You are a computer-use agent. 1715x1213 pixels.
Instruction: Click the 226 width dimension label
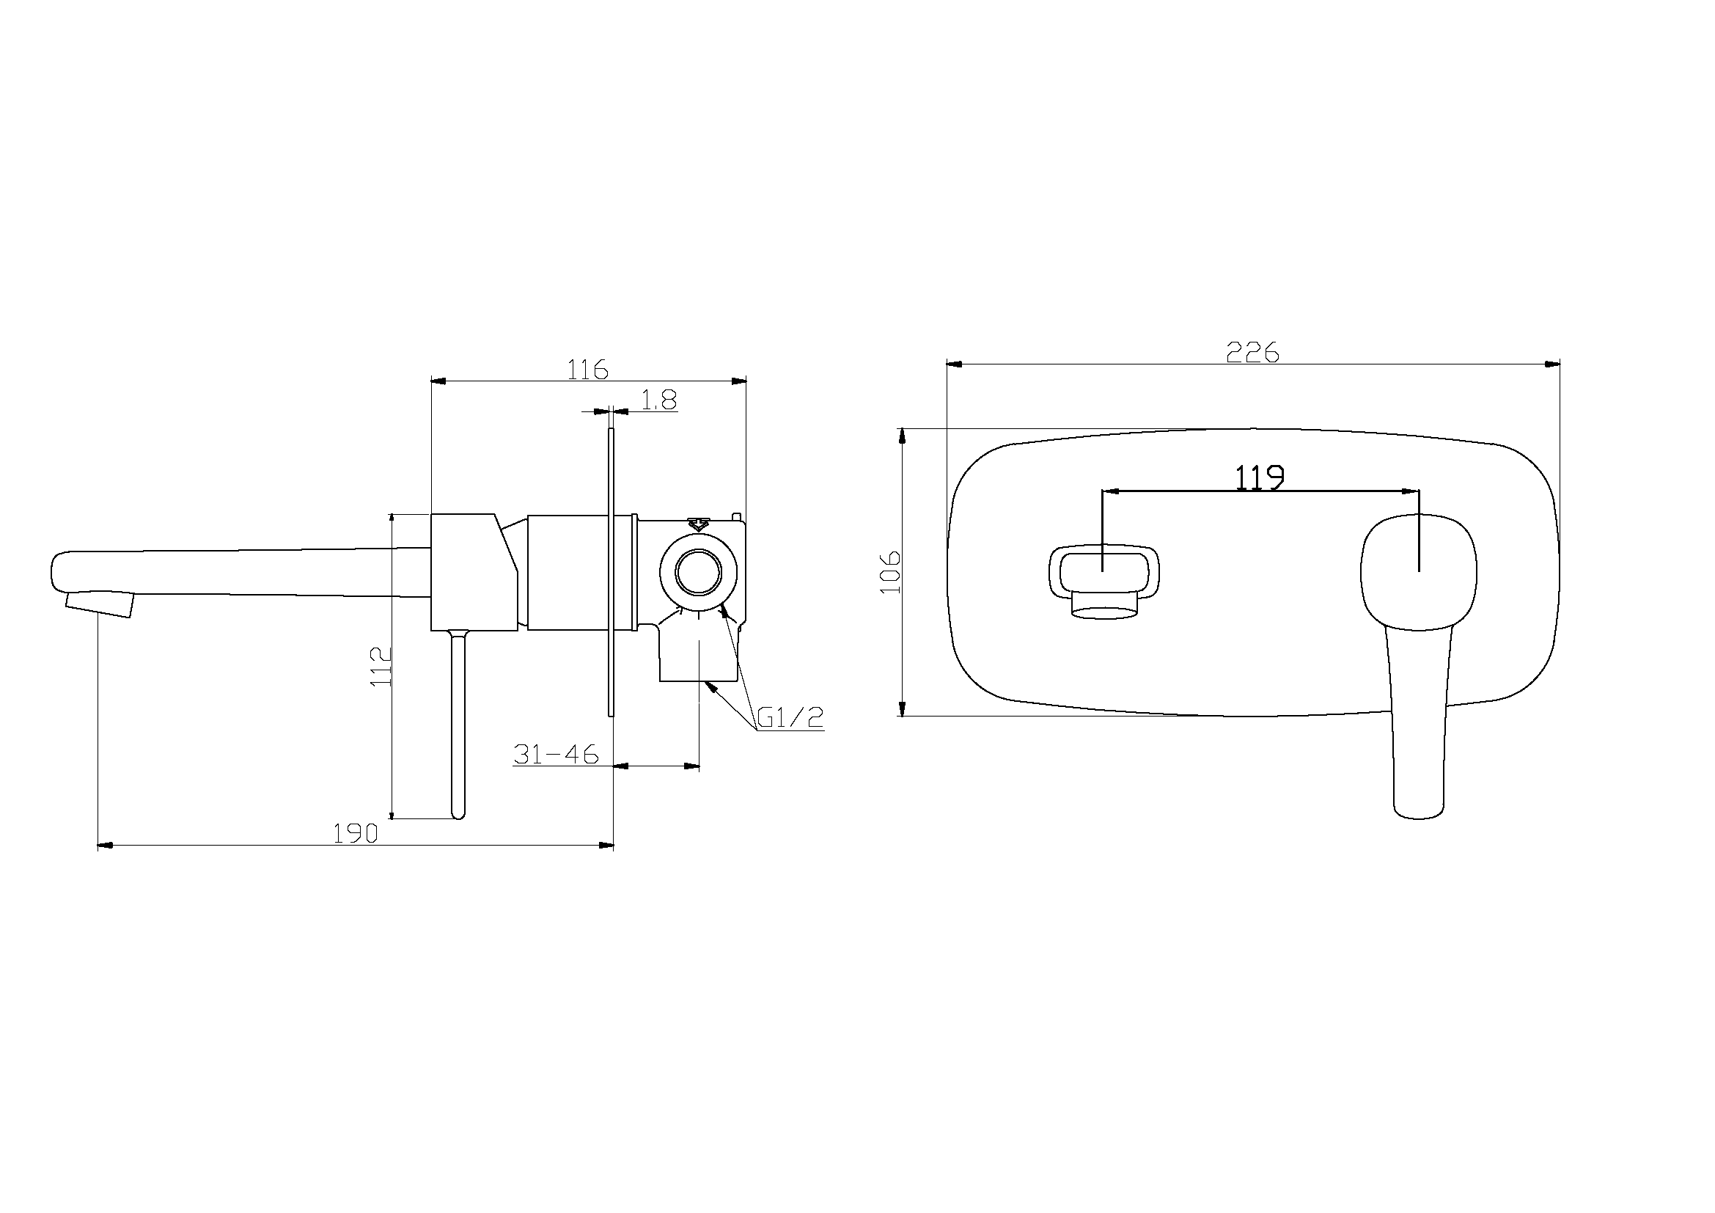[1252, 352]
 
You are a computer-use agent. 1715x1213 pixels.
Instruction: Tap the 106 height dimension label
[891, 572]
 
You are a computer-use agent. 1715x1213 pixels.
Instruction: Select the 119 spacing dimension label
[1260, 478]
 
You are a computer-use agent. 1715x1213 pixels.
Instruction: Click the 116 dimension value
[588, 370]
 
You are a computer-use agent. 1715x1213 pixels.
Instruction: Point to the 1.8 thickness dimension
[659, 401]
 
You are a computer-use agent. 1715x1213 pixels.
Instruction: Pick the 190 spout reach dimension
[356, 834]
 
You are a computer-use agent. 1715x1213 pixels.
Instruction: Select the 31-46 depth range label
[557, 755]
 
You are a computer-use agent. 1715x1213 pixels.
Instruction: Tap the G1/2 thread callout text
[790, 718]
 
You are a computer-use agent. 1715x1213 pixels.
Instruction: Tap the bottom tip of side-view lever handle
[458, 814]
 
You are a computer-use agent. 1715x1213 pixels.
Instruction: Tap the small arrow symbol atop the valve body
[699, 524]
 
